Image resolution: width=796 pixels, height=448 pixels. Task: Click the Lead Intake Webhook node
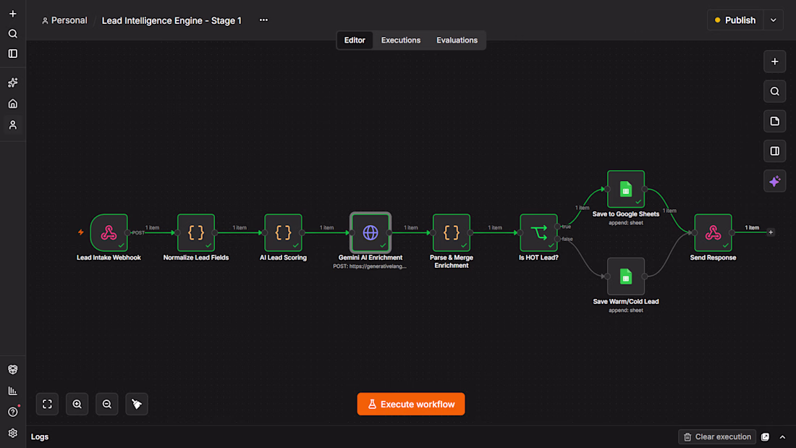[109, 232]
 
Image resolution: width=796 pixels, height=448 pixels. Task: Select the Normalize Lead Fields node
[196, 232]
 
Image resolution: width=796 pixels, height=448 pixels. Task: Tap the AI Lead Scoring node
[283, 232]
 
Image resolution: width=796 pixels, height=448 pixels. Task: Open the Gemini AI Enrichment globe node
[371, 232]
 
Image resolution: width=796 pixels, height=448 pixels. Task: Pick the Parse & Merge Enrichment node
[452, 232]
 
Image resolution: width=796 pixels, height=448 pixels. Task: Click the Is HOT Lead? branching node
[538, 232]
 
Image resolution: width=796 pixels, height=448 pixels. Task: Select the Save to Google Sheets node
[626, 189]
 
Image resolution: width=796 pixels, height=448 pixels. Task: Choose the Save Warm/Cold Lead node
[626, 276]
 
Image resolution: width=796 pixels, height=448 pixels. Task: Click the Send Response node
[714, 232]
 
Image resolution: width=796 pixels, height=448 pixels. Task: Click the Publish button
[735, 20]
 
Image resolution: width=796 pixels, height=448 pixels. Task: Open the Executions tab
[401, 40]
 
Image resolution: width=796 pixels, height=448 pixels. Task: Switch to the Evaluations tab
[457, 40]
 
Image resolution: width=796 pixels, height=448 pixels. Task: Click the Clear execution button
[717, 437]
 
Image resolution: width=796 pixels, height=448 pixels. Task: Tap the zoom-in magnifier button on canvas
[77, 405]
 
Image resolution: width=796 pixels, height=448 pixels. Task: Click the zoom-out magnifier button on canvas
[107, 405]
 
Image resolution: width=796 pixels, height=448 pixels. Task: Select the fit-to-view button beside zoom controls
[47, 405]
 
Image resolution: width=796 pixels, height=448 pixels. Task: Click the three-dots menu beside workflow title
[263, 20]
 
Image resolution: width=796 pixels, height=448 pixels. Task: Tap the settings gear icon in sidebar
[13, 434]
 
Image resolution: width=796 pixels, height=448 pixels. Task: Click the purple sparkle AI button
[775, 182]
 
